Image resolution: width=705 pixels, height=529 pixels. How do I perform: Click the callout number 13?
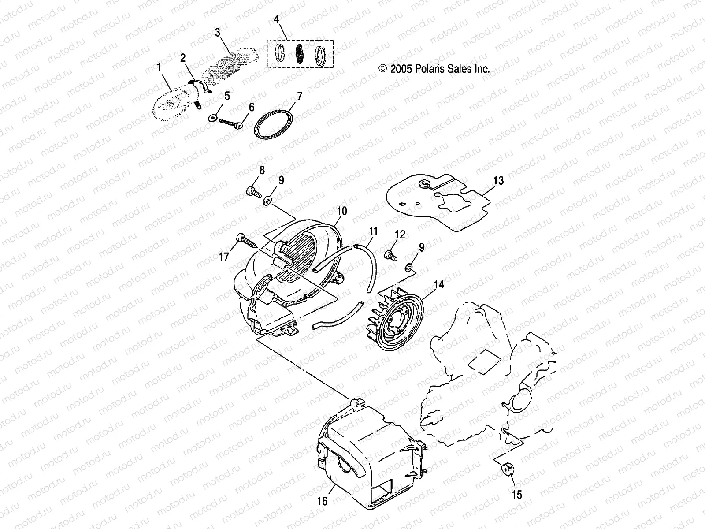[498, 181]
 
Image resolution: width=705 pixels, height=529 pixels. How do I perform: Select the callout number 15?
[517, 495]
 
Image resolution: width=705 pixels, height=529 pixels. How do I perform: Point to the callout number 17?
[224, 256]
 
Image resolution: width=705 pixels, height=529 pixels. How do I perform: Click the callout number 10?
[342, 211]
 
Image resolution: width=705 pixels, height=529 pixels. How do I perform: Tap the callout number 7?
[299, 96]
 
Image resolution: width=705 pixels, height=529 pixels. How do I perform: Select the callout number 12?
[400, 235]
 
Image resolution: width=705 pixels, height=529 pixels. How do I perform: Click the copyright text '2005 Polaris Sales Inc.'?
[434, 69]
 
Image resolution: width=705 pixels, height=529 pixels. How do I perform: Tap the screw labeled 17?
[248, 240]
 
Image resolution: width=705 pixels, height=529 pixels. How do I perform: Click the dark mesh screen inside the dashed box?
[299, 54]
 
